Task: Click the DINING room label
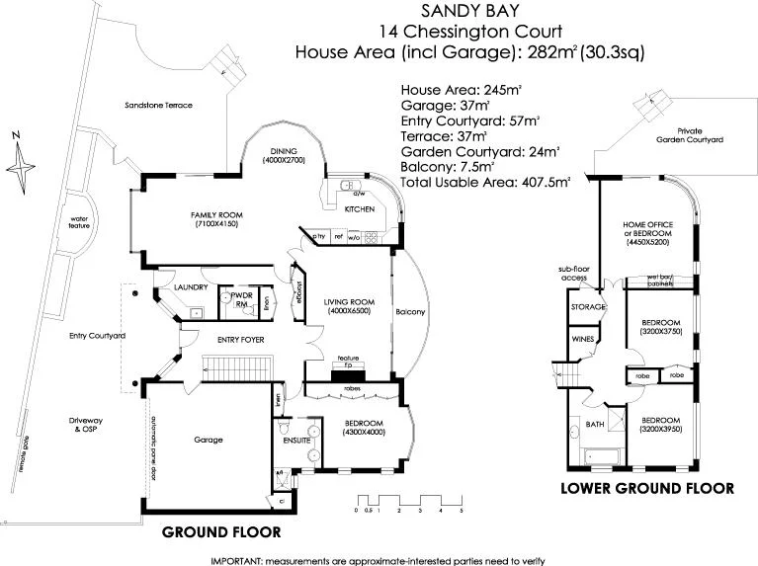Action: pos(283,153)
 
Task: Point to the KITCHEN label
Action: pos(357,210)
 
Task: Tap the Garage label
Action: pos(208,440)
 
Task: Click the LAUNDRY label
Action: pos(189,287)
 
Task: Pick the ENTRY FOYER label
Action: pos(223,340)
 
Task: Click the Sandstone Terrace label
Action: pos(158,105)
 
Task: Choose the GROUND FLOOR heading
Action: pos(221,531)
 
